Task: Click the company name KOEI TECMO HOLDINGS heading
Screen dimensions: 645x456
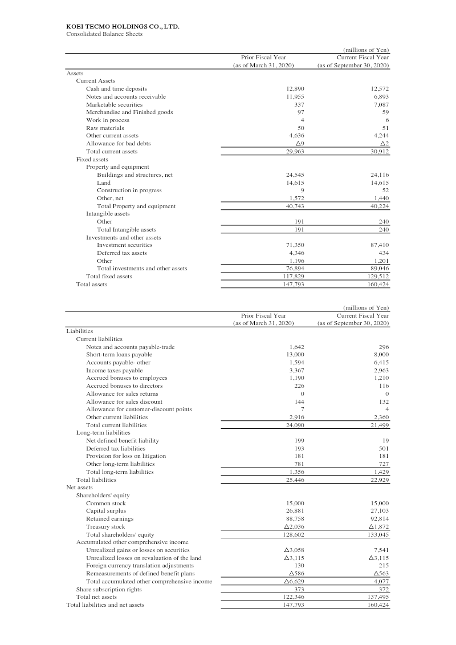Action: [x=123, y=26]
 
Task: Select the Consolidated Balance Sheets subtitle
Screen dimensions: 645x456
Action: [x=104, y=34]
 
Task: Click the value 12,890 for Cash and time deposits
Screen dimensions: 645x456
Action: [x=292, y=88]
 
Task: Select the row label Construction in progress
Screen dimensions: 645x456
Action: [x=129, y=190]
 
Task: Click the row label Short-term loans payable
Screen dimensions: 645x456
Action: [x=119, y=354]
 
